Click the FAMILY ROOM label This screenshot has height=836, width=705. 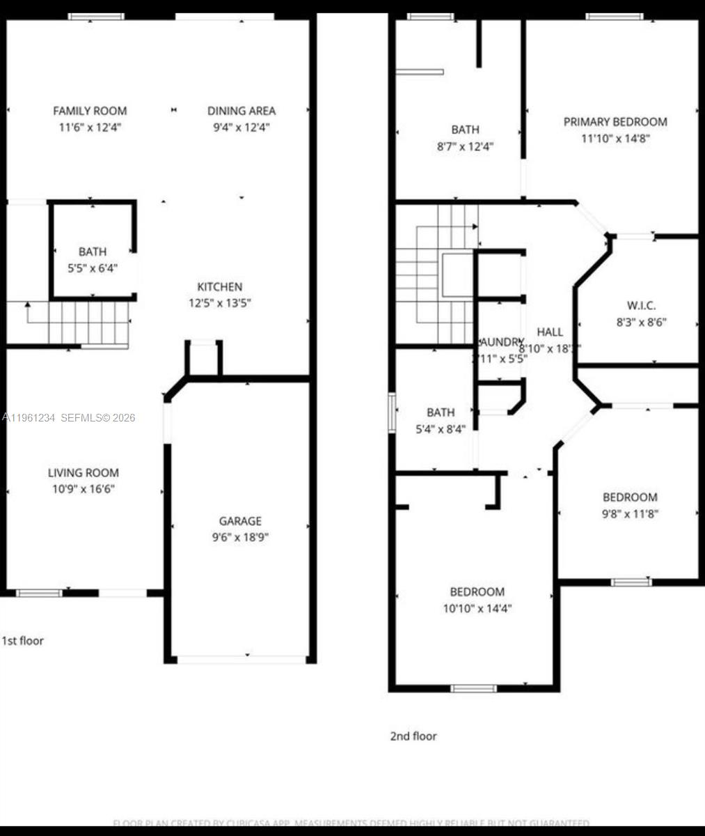(x=90, y=110)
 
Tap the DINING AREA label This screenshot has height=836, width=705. (x=241, y=110)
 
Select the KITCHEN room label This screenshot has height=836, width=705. (x=220, y=286)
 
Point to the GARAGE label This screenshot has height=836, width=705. (x=240, y=520)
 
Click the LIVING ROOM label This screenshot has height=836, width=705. (x=83, y=472)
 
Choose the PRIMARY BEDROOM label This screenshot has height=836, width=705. (x=615, y=121)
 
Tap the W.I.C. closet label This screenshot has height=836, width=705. (x=641, y=305)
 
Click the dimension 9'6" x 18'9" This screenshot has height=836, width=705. (x=240, y=537)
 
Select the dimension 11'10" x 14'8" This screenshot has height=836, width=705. (x=615, y=138)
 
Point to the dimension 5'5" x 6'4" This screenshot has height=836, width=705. (x=93, y=268)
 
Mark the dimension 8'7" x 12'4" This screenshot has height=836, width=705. (x=465, y=146)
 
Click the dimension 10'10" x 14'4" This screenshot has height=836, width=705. (x=477, y=608)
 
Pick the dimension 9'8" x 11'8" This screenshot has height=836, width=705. (x=629, y=513)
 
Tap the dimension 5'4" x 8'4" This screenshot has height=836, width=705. (x=441, y=429)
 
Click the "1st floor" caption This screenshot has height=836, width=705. (x=23, y=640)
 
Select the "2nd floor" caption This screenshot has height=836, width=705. (x=413, y=736)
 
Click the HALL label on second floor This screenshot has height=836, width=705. (x=550, y=332)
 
